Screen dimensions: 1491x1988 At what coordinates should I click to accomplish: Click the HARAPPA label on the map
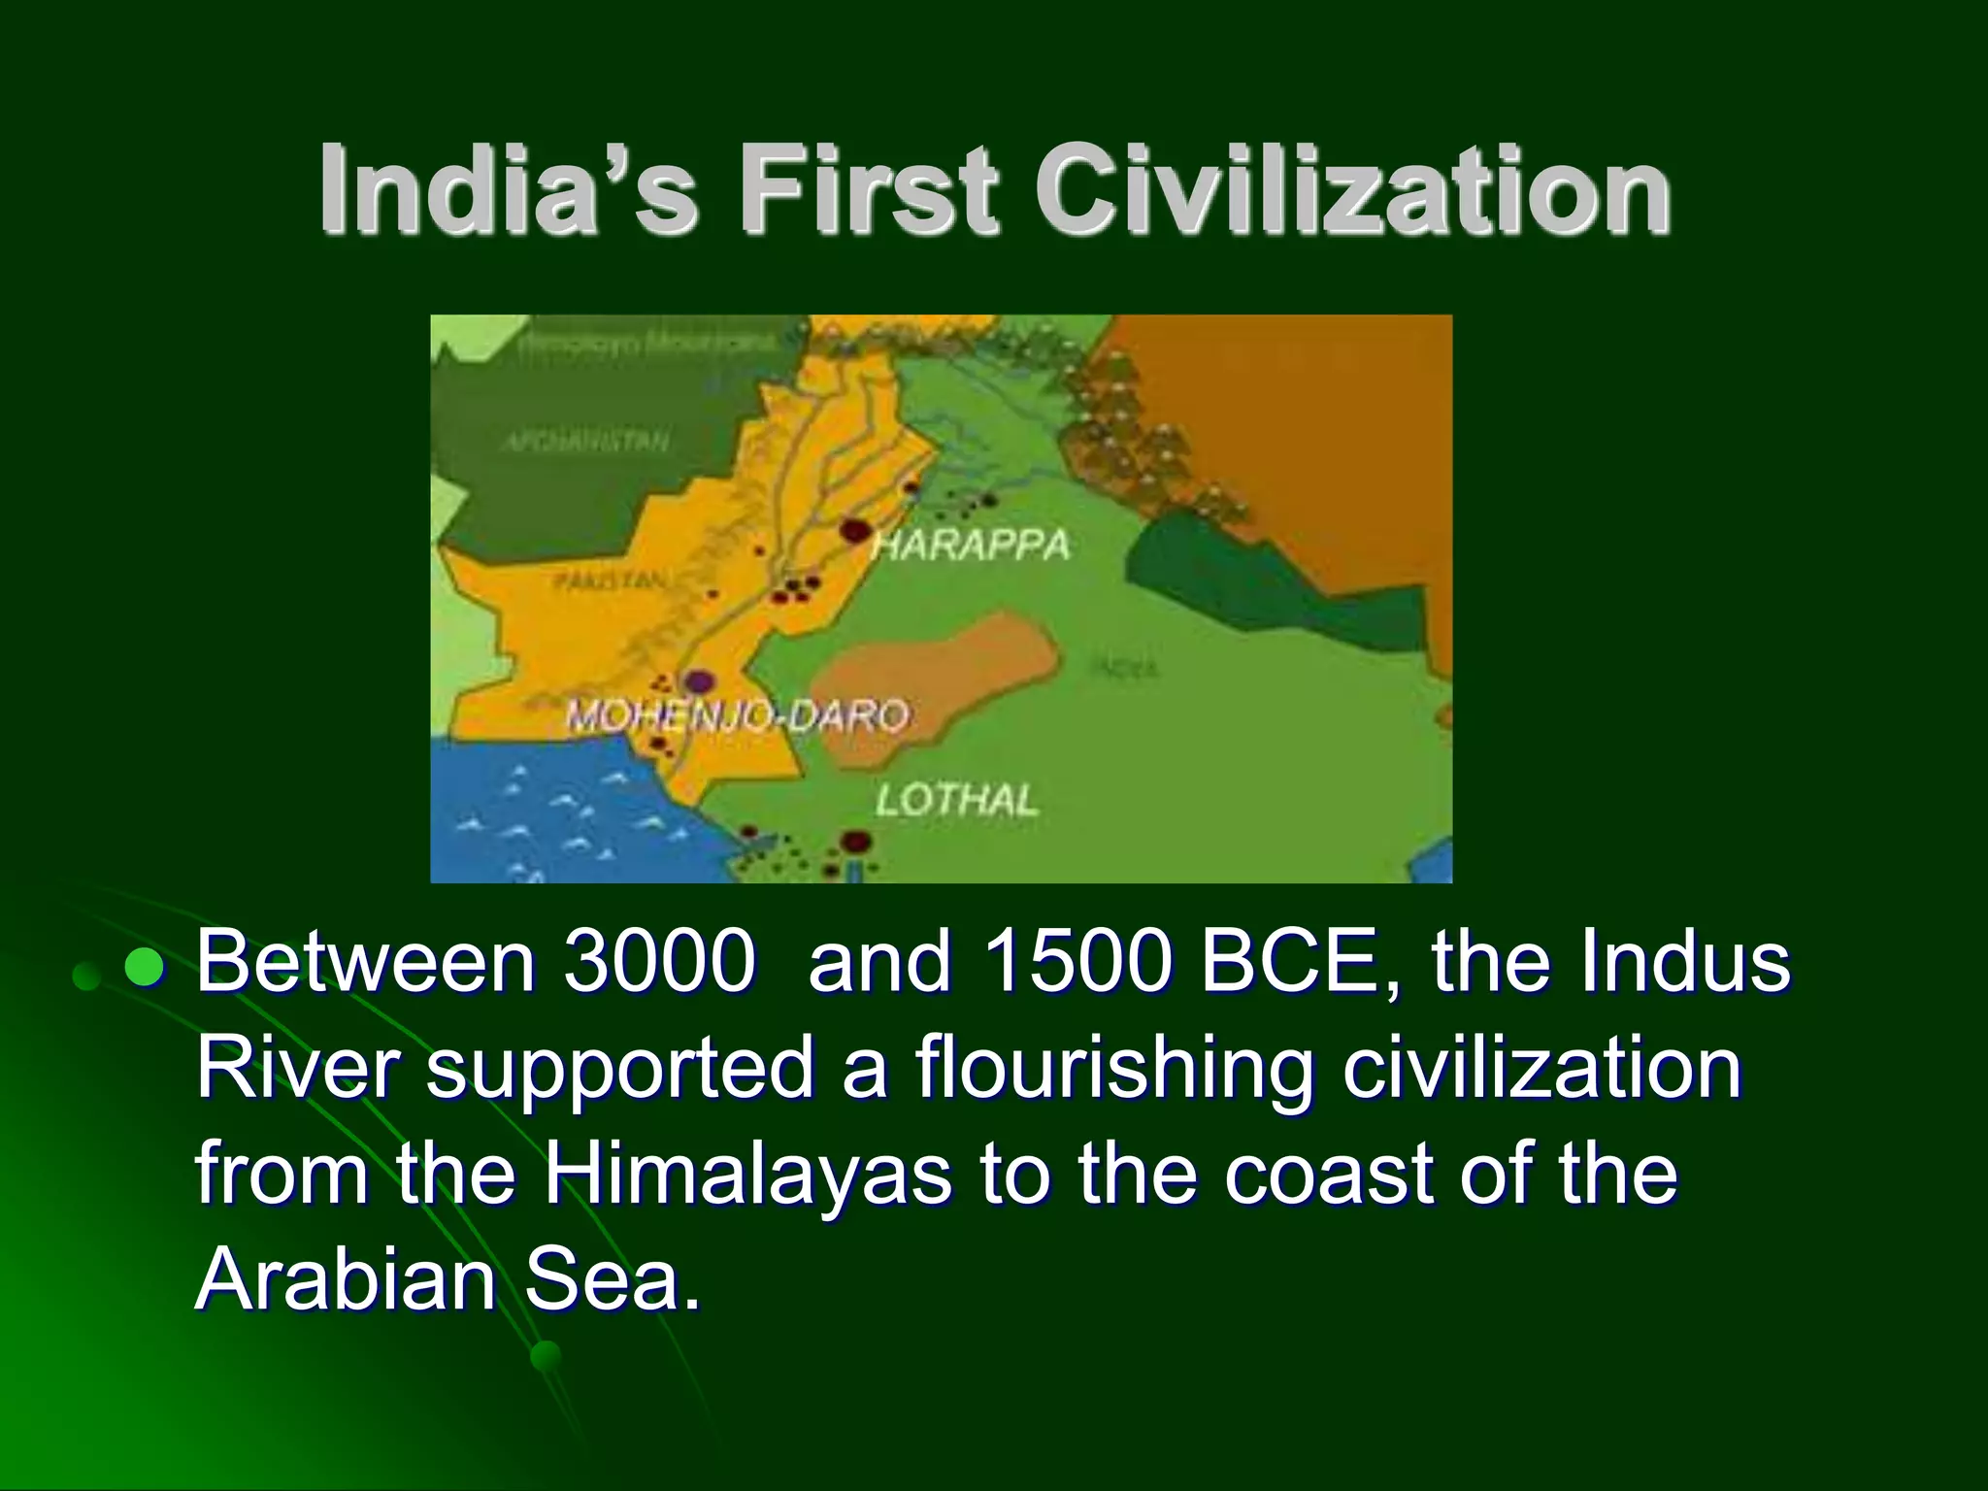(971, 546)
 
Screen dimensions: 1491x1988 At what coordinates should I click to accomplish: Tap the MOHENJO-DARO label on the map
(738, 717)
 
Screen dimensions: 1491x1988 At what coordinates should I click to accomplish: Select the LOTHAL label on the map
(956, 800)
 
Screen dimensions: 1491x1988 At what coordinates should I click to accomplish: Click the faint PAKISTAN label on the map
(611, 581)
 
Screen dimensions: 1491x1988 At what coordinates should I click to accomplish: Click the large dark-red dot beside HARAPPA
(853, 530)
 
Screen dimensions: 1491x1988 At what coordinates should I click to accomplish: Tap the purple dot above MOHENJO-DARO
(696, 681)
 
